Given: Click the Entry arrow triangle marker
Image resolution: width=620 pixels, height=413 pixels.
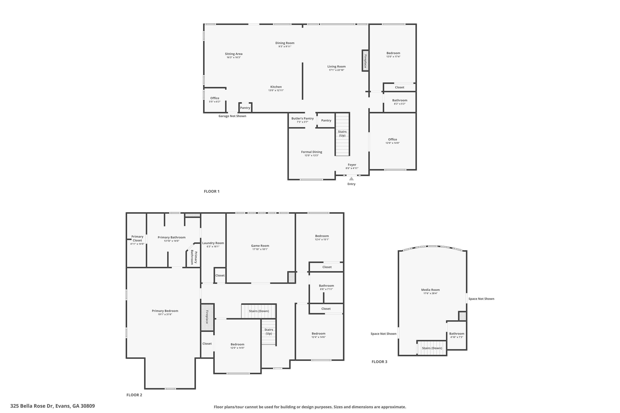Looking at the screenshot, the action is point(351,179).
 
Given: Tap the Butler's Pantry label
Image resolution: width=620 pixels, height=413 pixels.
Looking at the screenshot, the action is point(302,119).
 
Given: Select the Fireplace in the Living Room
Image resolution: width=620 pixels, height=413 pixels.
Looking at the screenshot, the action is point(365,61).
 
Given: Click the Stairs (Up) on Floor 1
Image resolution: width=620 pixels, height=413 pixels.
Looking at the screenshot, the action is point(342,134).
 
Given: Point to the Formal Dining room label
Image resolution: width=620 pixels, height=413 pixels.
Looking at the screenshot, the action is point(312,152).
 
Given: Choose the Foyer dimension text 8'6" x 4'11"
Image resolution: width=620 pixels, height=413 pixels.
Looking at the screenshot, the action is point(352,168).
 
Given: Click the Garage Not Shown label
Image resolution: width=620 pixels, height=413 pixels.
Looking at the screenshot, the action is point(232,116).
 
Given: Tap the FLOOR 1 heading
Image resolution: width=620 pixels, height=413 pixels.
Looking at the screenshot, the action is point(212,191).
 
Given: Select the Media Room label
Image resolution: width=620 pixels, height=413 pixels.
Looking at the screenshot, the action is point(430,290).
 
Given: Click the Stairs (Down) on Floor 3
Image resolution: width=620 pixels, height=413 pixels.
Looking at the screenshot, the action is point(432,348).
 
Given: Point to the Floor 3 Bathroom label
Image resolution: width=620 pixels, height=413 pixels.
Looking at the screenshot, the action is point(457,334).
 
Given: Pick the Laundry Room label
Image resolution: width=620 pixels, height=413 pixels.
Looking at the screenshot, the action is point(213,243).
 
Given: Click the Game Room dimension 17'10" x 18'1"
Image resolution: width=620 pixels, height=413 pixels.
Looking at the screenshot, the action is point(260,249).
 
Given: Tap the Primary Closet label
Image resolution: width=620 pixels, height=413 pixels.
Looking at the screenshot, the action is point(137,238).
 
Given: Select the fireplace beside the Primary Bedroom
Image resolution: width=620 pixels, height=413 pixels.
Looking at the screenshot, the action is point(207,317).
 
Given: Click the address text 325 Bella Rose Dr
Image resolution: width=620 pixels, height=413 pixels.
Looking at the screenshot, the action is point(32,406).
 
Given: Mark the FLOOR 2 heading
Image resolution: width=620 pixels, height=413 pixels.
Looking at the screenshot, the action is point(134,395).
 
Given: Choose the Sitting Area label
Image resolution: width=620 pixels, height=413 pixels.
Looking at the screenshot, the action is point(234,54).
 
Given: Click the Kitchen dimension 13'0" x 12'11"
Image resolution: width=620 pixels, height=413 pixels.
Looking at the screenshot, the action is point(276,90).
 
